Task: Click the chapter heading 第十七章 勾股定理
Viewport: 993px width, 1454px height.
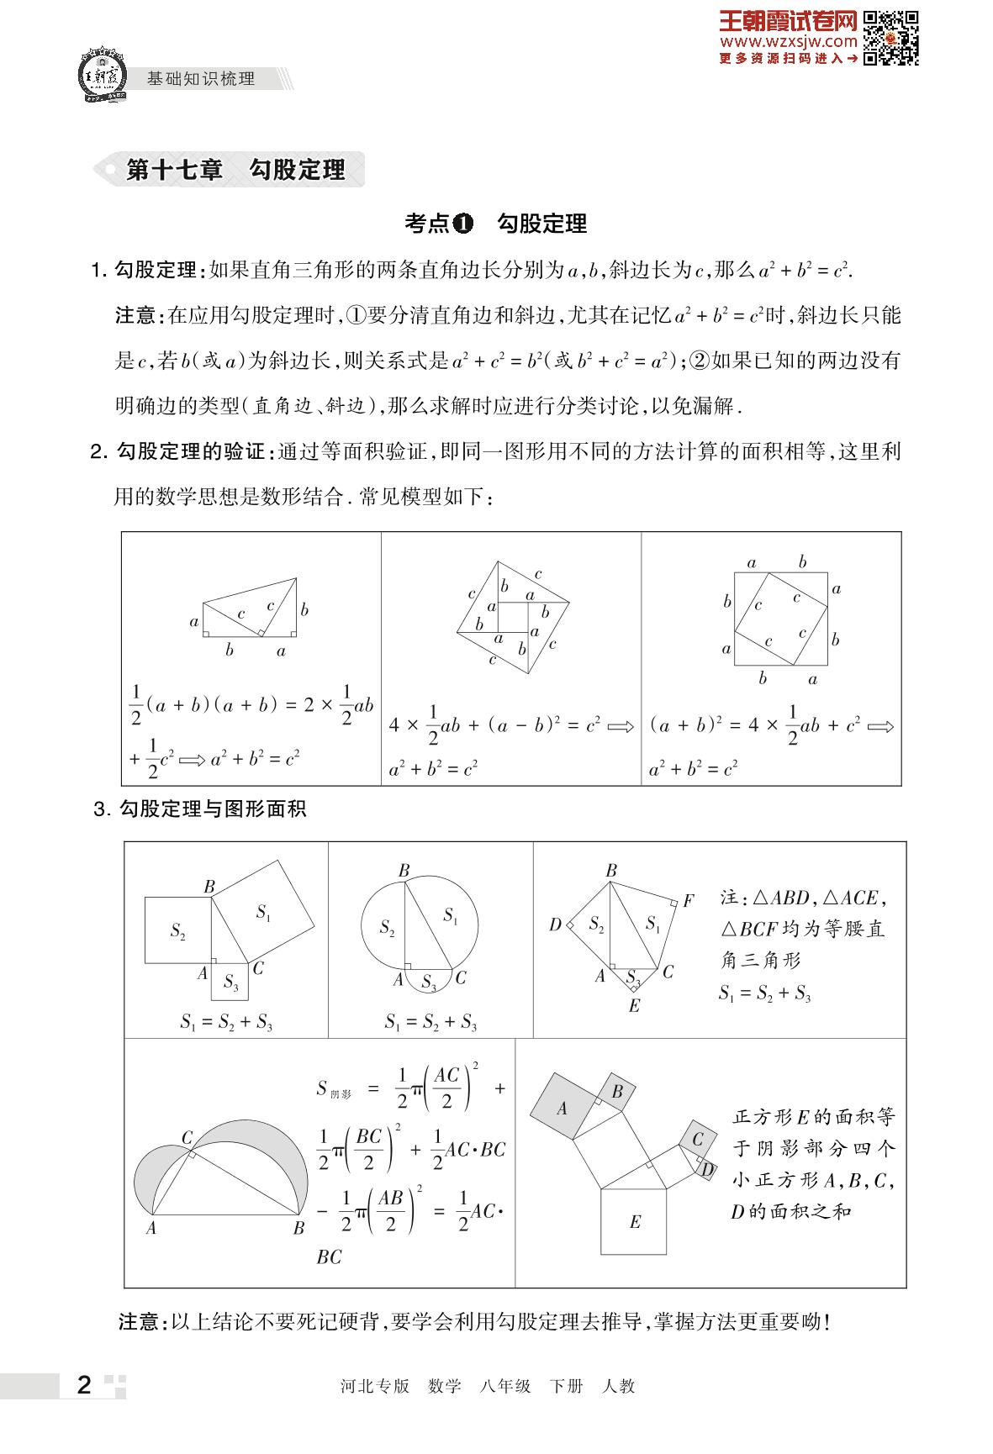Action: click(235, 170)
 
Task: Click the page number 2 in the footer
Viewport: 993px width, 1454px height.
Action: click(83, 1385)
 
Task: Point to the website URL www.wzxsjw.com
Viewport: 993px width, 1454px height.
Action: click(788, 41)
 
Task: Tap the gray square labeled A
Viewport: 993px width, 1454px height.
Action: click(562, 1109)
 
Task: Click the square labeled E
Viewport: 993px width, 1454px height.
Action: click(635, 1221)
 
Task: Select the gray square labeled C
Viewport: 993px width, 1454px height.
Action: click(698, 1140)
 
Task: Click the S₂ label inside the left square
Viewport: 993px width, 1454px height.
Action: click(177, 930)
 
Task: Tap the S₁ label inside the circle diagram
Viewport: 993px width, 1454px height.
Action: click(451, 915)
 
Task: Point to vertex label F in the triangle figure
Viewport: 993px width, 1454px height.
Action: click(689, 901)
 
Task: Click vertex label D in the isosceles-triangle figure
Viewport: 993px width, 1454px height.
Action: click(555, 925)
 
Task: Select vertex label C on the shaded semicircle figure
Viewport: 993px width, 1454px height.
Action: click(188, 1137)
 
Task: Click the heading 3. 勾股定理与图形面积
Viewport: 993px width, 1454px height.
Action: click(200, 809)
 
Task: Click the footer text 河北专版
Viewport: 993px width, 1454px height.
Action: click(375, 1386)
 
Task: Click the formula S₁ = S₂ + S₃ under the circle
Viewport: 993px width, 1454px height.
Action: click(430, 1022)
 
